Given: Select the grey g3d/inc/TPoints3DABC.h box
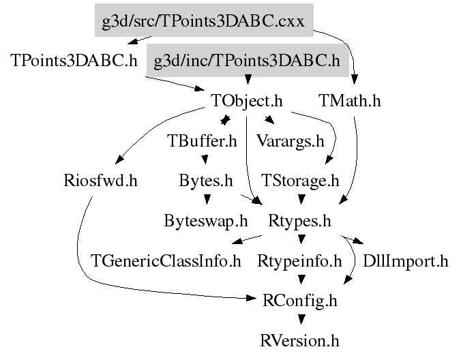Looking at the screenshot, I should click(247, 61).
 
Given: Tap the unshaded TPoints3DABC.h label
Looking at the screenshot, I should click(74, 61).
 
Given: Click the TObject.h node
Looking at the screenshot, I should click(246, 102).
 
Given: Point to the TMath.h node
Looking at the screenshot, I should click(349, 102).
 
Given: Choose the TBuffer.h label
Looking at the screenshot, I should click(202, 142).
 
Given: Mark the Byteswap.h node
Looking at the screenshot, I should click(205, 222).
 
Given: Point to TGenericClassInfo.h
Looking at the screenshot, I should click(166, 261).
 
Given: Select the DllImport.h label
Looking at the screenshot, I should click(405, 261).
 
